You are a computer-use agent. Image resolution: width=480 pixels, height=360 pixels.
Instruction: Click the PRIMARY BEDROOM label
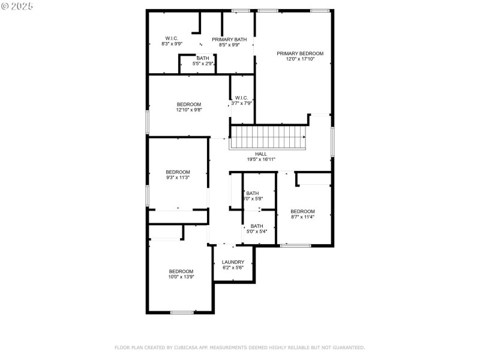pos(300,53)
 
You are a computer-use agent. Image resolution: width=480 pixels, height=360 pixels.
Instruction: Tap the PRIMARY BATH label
pos(229,39)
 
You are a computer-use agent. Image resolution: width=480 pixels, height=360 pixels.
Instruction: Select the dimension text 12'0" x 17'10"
pos(300,59)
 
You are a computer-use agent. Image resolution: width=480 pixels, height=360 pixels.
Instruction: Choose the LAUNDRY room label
pos(233,262)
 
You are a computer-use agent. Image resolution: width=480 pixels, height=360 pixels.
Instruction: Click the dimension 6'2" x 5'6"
pos(233,268)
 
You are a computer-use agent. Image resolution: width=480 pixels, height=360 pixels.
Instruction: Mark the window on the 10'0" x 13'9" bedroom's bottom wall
pos(182,312)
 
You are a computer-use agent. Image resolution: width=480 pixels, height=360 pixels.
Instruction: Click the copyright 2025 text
pos(17,5)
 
